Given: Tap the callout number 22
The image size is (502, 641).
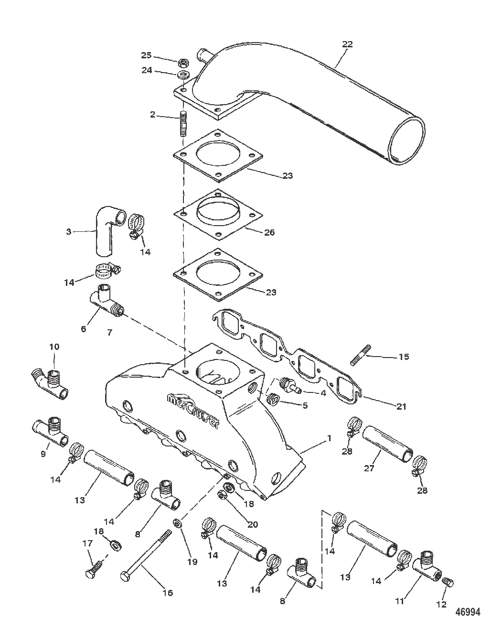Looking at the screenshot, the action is coord(348,44).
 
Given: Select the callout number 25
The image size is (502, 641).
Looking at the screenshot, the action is coord(146,55).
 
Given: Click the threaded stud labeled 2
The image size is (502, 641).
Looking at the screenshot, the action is coord(183,123).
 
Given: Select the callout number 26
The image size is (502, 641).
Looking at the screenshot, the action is coord(269,232).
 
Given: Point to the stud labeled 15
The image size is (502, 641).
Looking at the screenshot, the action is coord(361,356).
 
